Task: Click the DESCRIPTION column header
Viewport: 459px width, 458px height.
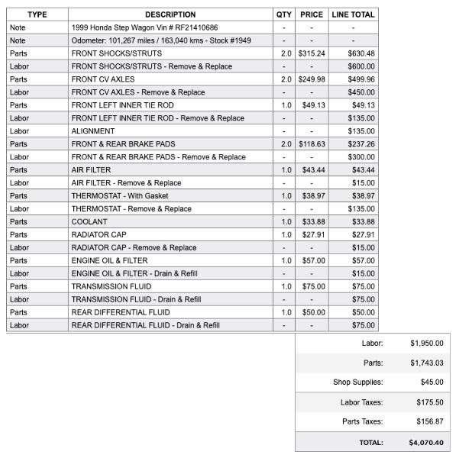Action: tap(170, 15)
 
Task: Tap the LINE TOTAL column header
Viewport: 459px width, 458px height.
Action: tap(353, 15)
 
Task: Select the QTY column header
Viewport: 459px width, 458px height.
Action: tap(284, 15)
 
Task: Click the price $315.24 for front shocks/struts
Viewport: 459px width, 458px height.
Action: tap(312, 53)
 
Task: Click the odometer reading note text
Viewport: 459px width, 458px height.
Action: tap(161, 40)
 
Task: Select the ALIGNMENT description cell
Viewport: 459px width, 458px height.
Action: tap(93, 131)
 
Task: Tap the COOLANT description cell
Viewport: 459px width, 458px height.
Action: tap(89, 221)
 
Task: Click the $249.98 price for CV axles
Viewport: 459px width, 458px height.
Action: tap(312, 79)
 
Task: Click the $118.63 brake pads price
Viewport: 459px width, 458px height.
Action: tap(312, 144)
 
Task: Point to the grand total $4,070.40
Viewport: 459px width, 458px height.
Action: tap(425, 442)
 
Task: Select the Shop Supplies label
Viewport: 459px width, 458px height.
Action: tap(357, 382)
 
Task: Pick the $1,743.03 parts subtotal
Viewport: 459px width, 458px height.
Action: tap(426, 363)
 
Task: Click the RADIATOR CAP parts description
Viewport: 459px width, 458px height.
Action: tap(99, 234)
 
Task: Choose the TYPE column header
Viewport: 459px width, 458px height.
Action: tap(37, 15)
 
